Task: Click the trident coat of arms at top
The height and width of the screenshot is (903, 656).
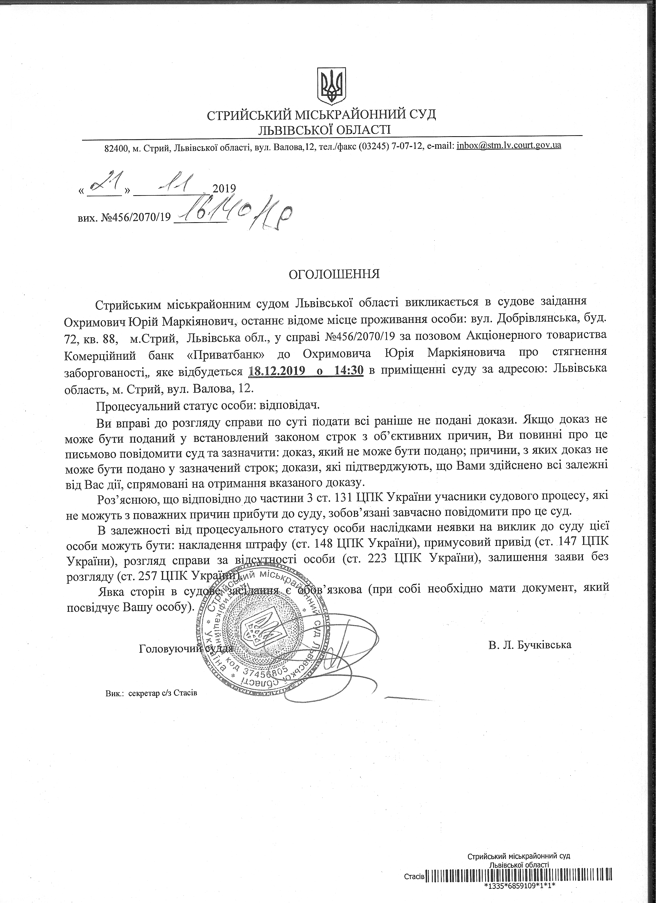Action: pyautogui.click(x=331, y=85)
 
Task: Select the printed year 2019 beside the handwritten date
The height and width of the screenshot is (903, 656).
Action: pyautogui.click(x=224, y=188)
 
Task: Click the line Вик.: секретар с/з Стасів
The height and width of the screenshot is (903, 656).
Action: pyautogui.click(x=152, y=693)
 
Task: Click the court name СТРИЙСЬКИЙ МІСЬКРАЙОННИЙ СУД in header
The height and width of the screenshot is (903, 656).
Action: pyautogui.click(x=321, y=115)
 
